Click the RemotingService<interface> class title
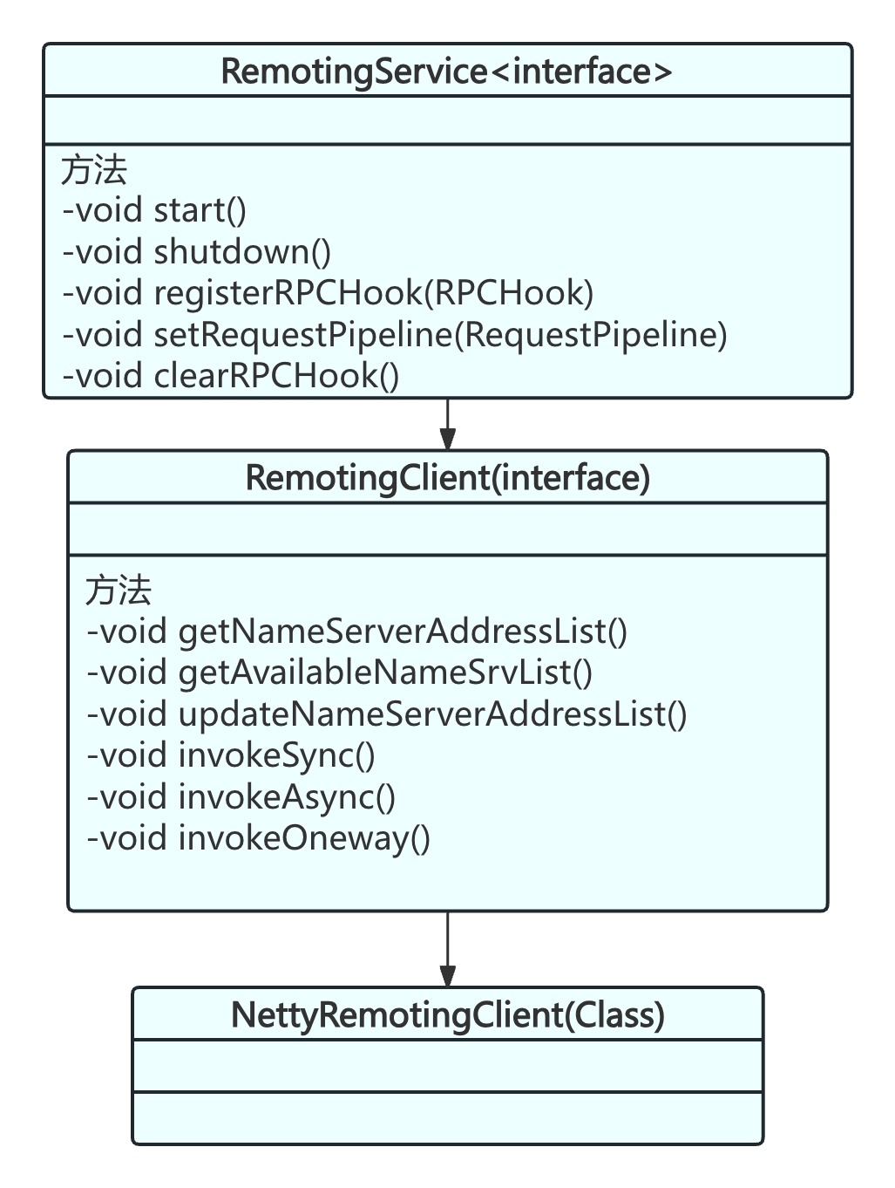coord(447,71)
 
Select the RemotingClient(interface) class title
coord(447,478)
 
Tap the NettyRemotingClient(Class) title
coord(447,1014)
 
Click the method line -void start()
coord(154,210)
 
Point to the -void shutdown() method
coord(197,252)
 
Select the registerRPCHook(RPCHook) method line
coord(328,293)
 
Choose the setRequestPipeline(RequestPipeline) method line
coord(395,334)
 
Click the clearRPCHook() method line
coord(231,376)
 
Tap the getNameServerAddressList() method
coord(357,631)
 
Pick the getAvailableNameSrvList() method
coord(340,673)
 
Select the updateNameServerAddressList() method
coord(387,714)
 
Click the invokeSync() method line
coord(231,755)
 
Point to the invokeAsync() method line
coord(241,796)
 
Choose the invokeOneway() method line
coord(259,838)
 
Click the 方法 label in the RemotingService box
coord(94,170)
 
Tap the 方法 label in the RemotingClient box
coord(119,591)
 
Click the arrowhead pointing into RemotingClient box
coord(447,439)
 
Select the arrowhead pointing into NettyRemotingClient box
coord(447,975)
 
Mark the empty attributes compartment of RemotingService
coord(447,120)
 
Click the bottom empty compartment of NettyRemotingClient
coord(447,1117)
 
